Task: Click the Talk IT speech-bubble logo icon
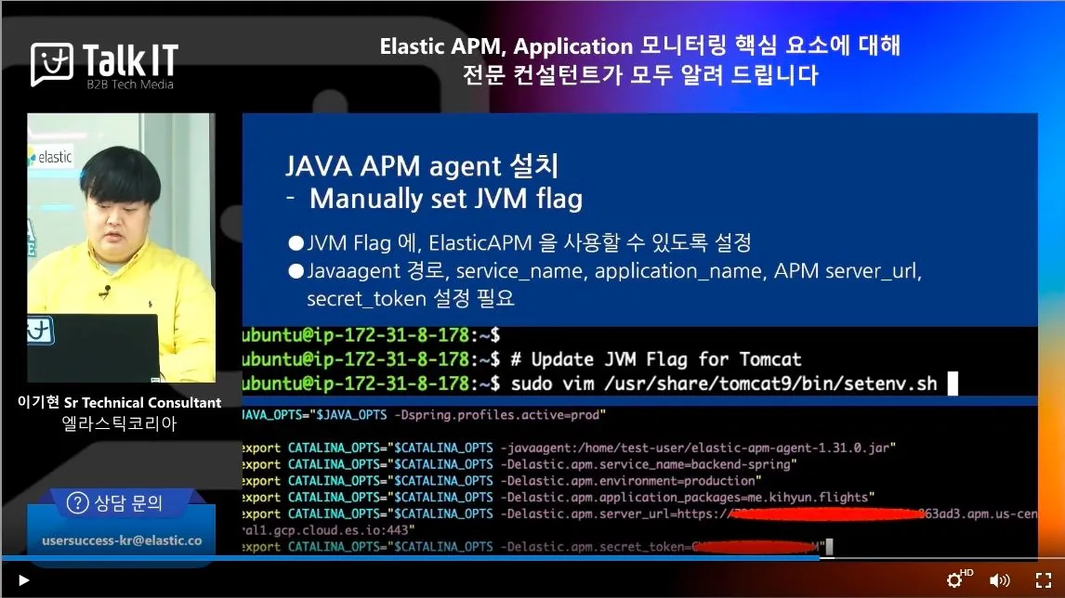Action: click(x=52, y=64)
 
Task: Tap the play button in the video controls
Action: click(x=24, y=580)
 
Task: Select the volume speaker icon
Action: click(x=999, y=580)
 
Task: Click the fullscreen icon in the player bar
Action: click(x=1044, y=580)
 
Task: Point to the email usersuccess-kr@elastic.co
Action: click(x=122, y=539)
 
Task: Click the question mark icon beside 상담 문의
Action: click(x=78, y=503)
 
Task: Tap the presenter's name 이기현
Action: click(x=38, y=403)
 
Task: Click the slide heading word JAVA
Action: click(x=315, y=166)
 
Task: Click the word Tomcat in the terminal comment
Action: click(x=769, y=359)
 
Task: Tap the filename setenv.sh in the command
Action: click(x=888, y=383)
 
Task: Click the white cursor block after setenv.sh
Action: click(x=952, y=383)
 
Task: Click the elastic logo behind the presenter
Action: click(x=50, y=157)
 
